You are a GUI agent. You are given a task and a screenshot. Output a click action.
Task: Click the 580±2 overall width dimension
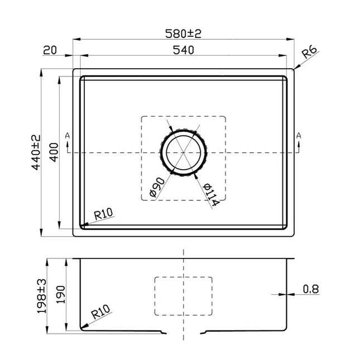[x=183, y=33]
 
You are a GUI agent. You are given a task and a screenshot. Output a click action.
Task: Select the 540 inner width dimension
[x=183, y=50]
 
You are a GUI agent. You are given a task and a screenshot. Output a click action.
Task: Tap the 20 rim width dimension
[x=50, y=50]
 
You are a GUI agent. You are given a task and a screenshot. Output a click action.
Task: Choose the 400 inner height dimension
[x=54, y=152]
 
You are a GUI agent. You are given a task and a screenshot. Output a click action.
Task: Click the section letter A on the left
[x=68, y=136]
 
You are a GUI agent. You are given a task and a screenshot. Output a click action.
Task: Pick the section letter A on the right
[x=299, y=136]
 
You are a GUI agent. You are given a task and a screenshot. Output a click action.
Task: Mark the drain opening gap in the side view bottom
[x=184, y=332]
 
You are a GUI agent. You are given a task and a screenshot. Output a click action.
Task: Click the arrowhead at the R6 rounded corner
[x=294, y=70]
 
